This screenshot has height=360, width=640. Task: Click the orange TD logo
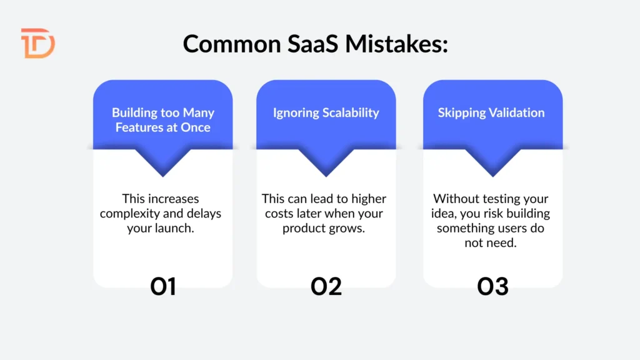(x=37, y=43)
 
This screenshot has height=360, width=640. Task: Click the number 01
(x=163, y=286)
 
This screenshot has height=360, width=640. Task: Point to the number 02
(x=326, y=286)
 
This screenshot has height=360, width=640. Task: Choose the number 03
(x=492, y=286)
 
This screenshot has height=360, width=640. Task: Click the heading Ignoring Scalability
(x=326, y=113)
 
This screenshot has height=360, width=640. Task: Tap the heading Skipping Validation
(x=491, y=113)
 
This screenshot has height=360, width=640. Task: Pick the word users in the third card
(x=507, y=229)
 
